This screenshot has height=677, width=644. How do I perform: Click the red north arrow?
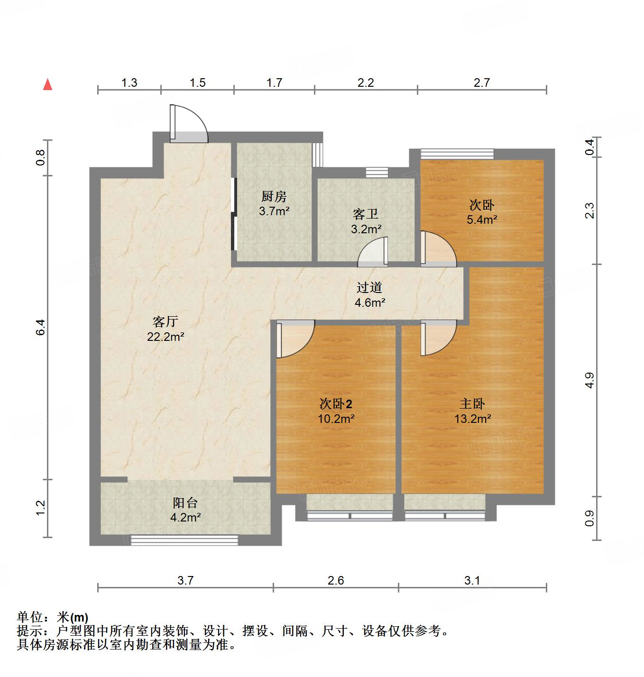click(x=47, y=84)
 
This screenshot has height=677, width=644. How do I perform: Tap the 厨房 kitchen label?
click(x=274, y=196)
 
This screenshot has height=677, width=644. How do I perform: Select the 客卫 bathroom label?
click(x=366, y=214)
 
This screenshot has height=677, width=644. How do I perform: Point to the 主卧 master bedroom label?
click(x=472, y=404)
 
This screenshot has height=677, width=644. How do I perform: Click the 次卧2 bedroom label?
click(x=336, y=404)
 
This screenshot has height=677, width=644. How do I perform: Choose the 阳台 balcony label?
click(x=185, y=503)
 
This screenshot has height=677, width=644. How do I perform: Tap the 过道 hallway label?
click(x=369, y=287)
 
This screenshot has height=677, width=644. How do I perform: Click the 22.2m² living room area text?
click(x=165, y=337)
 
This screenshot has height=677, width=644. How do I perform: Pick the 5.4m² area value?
click(x=482, y=220)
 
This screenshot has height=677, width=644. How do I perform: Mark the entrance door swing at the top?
click(x=189, y=123)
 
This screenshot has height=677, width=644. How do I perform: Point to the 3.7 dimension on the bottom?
click(x=185, y=580)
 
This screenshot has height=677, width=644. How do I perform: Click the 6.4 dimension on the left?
click(x=41, y=327)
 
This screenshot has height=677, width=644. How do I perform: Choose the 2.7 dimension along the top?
click(x=481, y=83)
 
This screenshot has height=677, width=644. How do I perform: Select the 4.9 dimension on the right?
click(x=589, y=380)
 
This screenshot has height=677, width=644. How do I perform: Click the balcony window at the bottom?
click(x=184, y=539)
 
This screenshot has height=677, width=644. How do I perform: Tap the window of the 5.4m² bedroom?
click(x=457, y=153)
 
